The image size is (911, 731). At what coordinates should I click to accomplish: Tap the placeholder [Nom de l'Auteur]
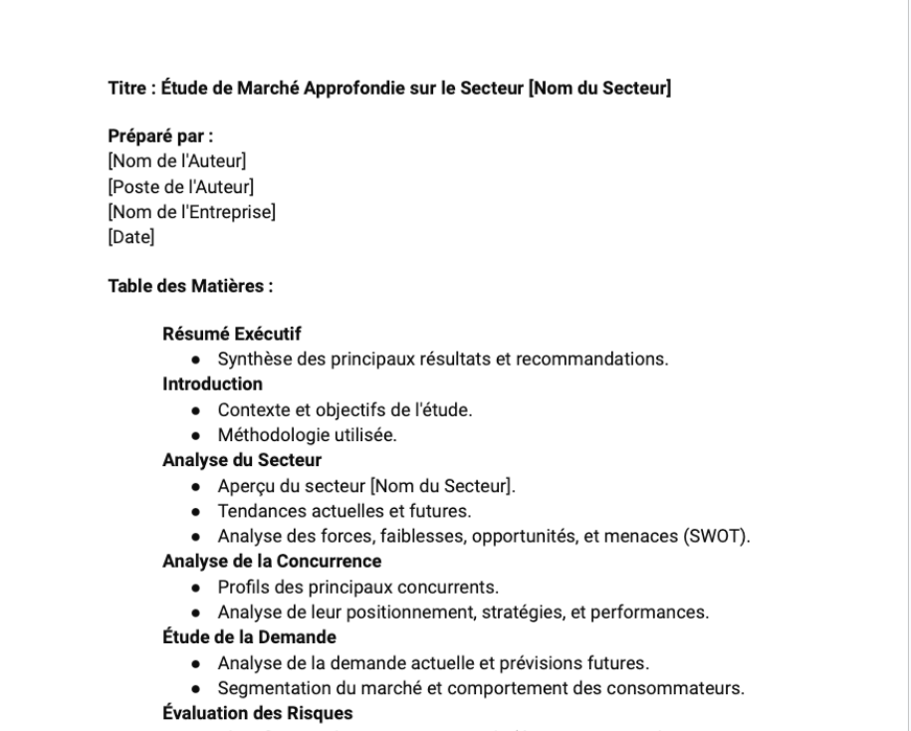pos(176,161)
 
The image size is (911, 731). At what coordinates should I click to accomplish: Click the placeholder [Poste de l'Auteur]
pos(181,186)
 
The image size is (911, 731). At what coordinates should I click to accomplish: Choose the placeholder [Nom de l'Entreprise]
pos(191,211)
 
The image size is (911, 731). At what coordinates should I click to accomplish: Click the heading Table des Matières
pos(190,286)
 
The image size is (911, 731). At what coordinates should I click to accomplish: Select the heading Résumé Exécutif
pos(232,334)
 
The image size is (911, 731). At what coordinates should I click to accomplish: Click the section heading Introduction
pos(212,383)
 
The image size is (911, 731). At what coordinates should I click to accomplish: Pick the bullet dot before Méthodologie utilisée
pos(198,435)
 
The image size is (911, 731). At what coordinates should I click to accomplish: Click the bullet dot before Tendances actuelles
pos(198,512)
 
